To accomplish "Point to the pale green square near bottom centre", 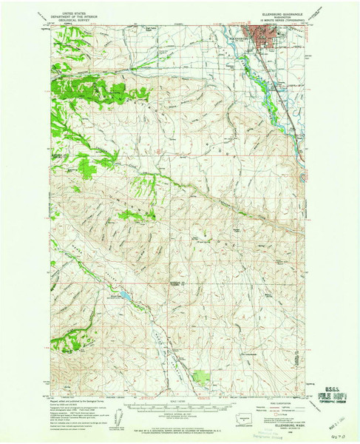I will click(x=201, y=377).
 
